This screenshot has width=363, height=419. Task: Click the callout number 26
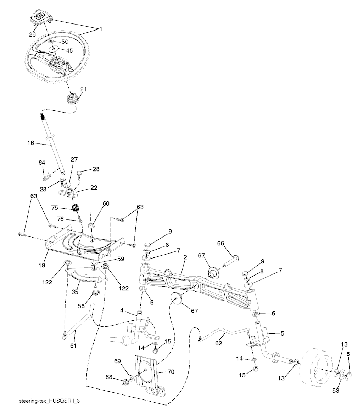tap(33, 34)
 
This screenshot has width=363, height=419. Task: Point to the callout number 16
tap(30, 143)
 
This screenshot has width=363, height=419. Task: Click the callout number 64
tap(42, 162)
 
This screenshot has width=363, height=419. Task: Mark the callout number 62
tap(219, 343)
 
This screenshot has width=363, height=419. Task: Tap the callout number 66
tap(220, 244)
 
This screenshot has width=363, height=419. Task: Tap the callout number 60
tap(96, 203)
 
